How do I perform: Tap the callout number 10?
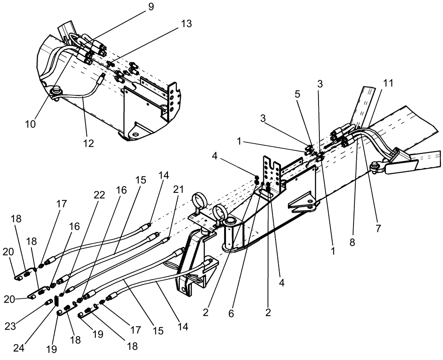31,124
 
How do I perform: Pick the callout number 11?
388,83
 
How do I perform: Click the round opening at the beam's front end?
231,221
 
